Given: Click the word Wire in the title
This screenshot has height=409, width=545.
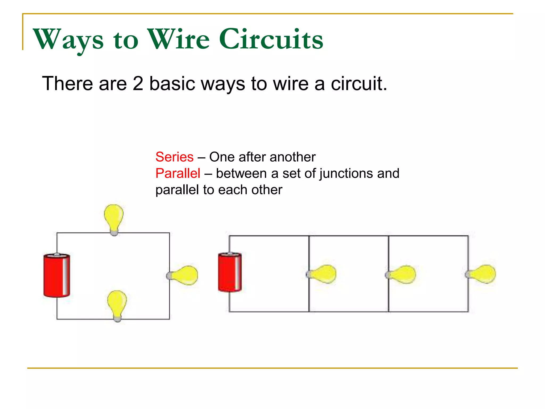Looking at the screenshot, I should (x=178, y=39).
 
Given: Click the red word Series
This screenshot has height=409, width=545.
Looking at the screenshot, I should (x=174, y=157).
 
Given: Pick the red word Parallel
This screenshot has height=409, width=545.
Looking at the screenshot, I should (x=178, y=173).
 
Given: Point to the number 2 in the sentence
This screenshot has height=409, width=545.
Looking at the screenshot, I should (x=138, y=84).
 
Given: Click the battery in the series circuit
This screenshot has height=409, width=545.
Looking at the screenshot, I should (x=57, y=275).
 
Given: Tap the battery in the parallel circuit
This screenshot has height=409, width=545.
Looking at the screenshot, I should (x=230, y=272).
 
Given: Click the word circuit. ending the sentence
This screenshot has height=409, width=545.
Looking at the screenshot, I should (x=359, y=84).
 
